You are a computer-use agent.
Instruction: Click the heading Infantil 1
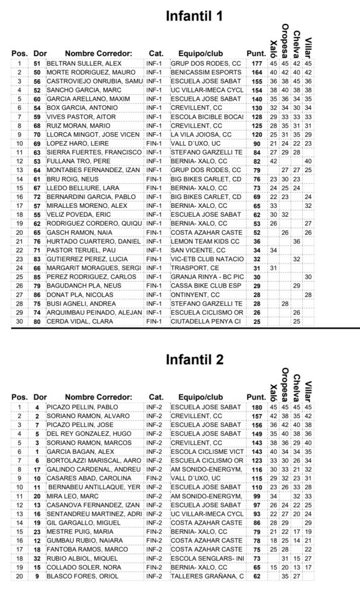pyautogui.click(x=194, y=16)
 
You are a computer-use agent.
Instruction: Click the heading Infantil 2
pyautogui.click(x=194, y=359)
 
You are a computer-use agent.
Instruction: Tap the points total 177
pyautogui.click(x=256, y=63)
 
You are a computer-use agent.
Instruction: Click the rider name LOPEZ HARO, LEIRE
pyautogui.click(x=79, y=143)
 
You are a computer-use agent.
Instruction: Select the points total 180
pyautogui.click(x=256, y=407)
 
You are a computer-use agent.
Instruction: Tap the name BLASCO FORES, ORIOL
pyautogui.click(x=82, y=576)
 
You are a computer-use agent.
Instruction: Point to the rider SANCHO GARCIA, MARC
pyautogui.click(x=84, y=90)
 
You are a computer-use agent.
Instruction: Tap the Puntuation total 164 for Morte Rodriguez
pyautogui.click(x=256, y=72)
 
